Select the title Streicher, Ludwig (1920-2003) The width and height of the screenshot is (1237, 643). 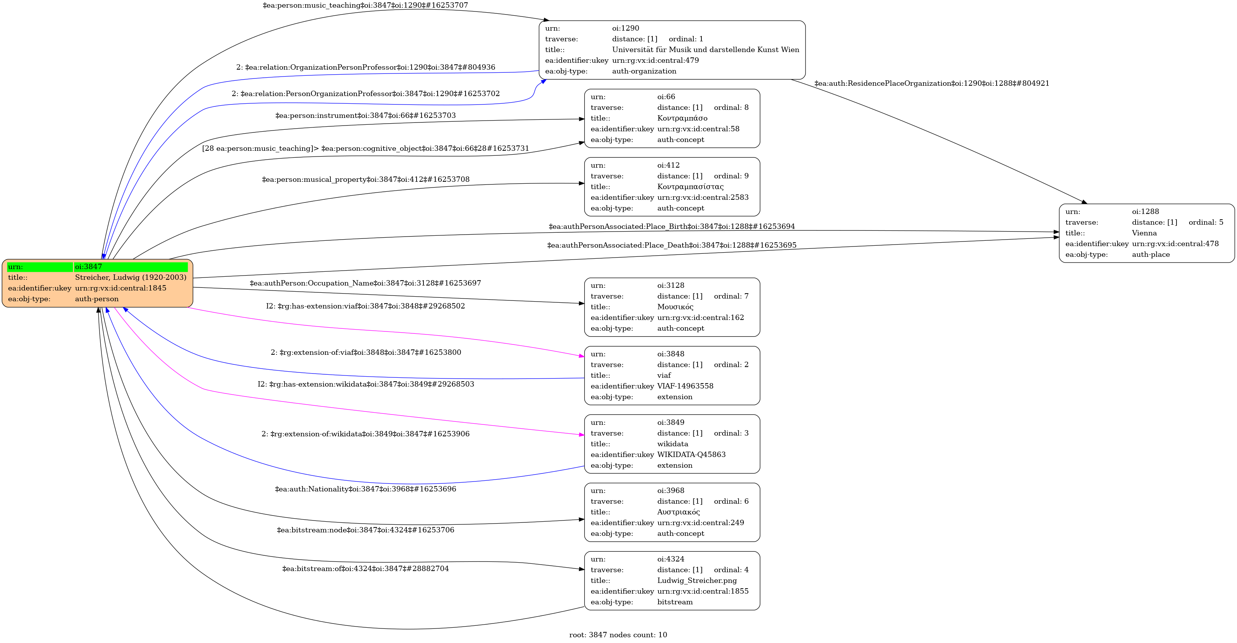click(x=131, y=277)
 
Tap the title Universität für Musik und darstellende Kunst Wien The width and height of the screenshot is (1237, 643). click(x=706, y=49)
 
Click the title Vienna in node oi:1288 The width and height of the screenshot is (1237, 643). click(x=1144, y=233)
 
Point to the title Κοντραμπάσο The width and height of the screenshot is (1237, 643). click(x=682, y=118)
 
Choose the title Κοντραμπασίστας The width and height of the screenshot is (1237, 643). click(x=690, y=187)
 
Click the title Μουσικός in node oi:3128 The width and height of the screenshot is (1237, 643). click(x=675, y=307)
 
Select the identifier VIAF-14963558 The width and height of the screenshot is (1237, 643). click(x=685, y=386)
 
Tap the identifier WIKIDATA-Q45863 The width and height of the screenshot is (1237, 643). click(x=691, y=455)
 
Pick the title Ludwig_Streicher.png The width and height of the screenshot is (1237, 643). click(x=697, y=581)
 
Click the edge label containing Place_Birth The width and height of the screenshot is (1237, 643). click(x=671, y=227)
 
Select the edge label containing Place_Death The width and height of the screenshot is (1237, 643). click(x=671, y=245)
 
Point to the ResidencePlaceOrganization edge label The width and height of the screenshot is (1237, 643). click(x=931, y=83)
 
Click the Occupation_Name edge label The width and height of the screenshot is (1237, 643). click(x=365, y=283)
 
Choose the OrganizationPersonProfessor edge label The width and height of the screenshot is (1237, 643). click(x=365, y=67)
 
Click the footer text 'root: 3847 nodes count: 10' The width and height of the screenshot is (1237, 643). click(x=618, y=635)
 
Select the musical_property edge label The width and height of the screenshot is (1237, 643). click(x=365, y=180)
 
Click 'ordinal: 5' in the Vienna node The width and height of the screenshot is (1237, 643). click(x=1206, y=222)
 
